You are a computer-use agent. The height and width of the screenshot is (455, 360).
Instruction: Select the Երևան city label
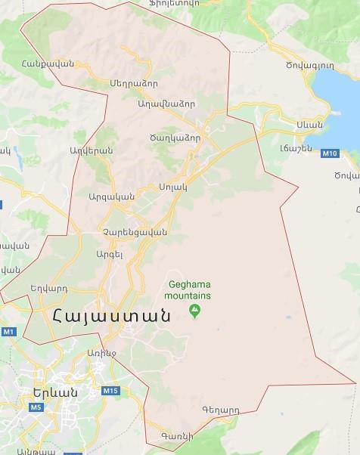(55, 392)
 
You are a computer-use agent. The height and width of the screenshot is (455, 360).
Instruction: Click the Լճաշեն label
(290, 147)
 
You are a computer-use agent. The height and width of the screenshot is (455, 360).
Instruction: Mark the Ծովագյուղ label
(331, 66)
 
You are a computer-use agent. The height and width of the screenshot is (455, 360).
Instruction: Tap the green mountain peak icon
(195, 309)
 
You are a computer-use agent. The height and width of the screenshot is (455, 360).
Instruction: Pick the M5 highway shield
(35, 407)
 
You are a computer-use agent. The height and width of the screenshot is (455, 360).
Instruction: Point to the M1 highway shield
(8, 332)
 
